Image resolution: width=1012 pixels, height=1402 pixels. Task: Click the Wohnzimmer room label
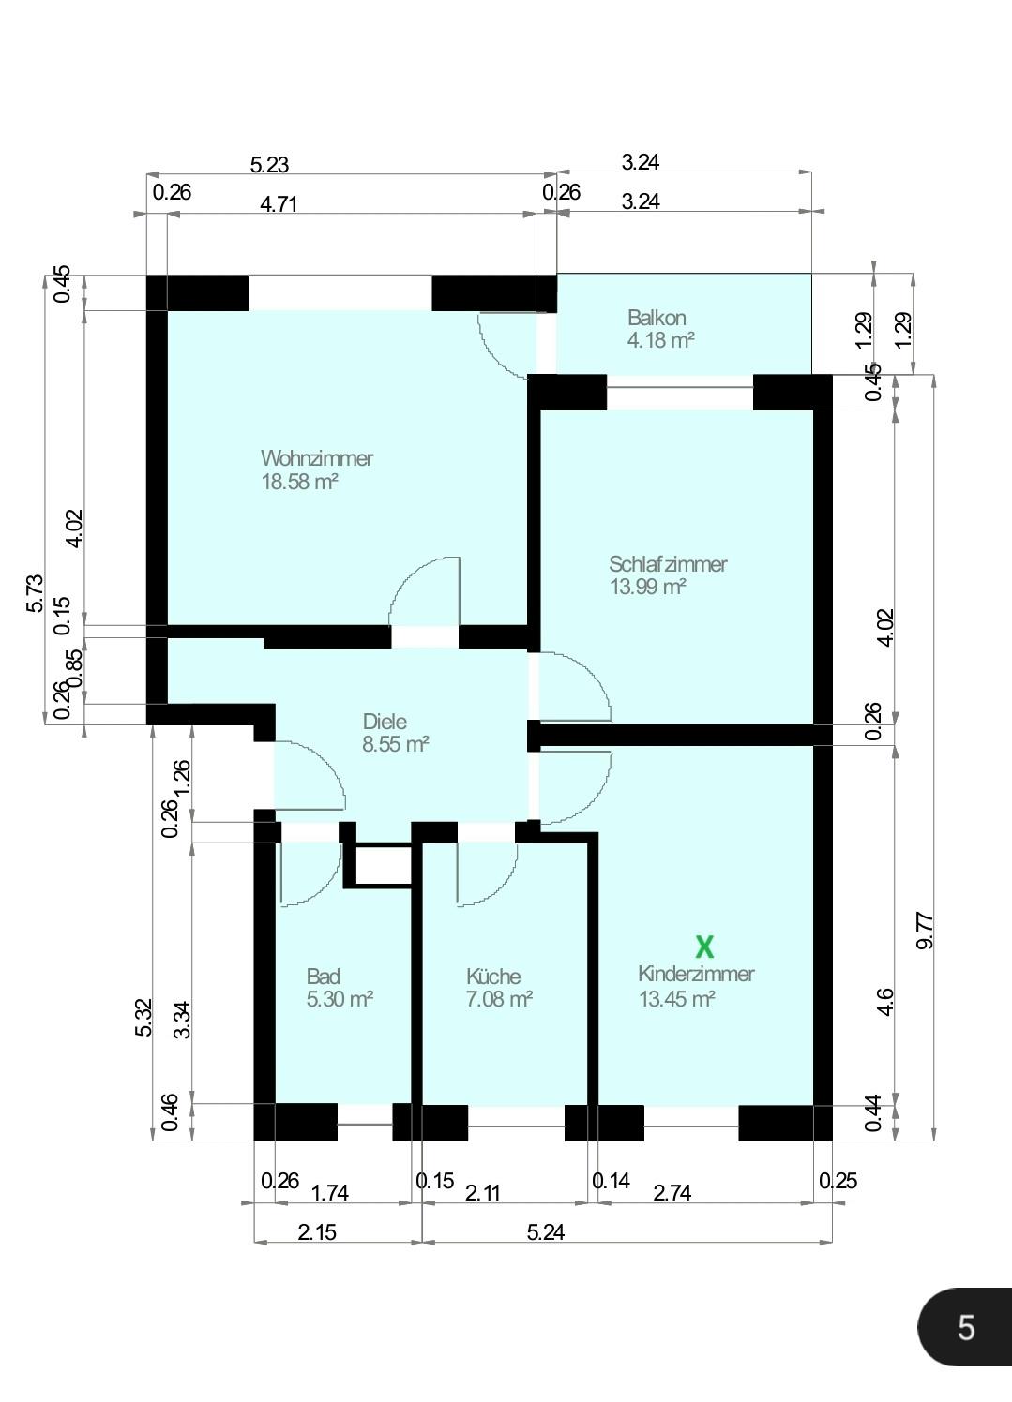point(317,458)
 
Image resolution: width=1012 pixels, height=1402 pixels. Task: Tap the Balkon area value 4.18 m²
point(660,340)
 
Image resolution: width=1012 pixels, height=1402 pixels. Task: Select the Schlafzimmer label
point(668,564)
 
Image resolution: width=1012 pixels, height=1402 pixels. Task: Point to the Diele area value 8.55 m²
point(396,744)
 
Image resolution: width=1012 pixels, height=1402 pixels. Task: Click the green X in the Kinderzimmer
point(704,947)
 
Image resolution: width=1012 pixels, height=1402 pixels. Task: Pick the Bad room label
point(324,977)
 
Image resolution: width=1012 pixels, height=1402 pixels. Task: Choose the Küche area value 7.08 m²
point(499,999)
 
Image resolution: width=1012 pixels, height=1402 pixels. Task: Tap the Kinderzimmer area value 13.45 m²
point(677,999)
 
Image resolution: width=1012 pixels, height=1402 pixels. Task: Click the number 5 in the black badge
point(966,1328)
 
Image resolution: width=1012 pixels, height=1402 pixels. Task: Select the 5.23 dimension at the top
point(269,165)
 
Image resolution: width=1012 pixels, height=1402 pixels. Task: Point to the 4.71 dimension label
point(279,204)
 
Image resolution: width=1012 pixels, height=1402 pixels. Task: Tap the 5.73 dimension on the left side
point(35,593)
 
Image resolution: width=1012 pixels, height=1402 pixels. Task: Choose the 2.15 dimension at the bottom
point(317,1232)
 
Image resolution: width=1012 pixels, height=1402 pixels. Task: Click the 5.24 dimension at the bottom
point(546,1232)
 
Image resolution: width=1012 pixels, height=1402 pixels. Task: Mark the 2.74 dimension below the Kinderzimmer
point(672,1193)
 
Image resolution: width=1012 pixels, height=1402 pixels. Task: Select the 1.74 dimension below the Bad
point(330,1193)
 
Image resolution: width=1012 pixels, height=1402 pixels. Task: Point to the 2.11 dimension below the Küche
point(483,1193)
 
